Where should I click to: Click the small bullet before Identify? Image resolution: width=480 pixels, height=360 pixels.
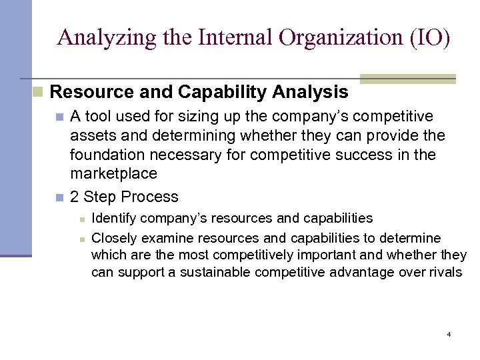(x=81, y=219)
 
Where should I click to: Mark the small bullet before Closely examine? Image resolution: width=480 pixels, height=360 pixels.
(x=81, y=239)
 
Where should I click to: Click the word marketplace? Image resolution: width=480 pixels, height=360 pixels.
(x=114, y=174)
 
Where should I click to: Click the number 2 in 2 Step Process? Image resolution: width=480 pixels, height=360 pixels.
(x=75, y=197)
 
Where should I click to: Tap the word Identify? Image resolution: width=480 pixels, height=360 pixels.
(x=111, y=218)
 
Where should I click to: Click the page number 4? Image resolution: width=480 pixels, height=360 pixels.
(x=449, y=333)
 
